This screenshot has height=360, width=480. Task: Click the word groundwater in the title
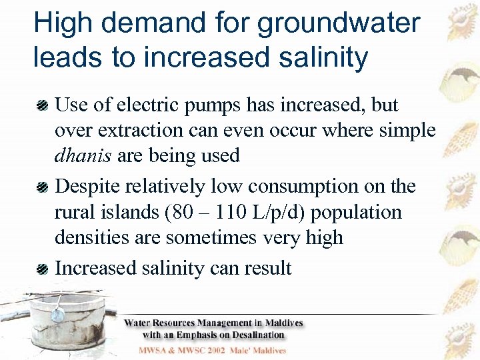339,24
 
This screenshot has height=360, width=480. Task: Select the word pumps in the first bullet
223,105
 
